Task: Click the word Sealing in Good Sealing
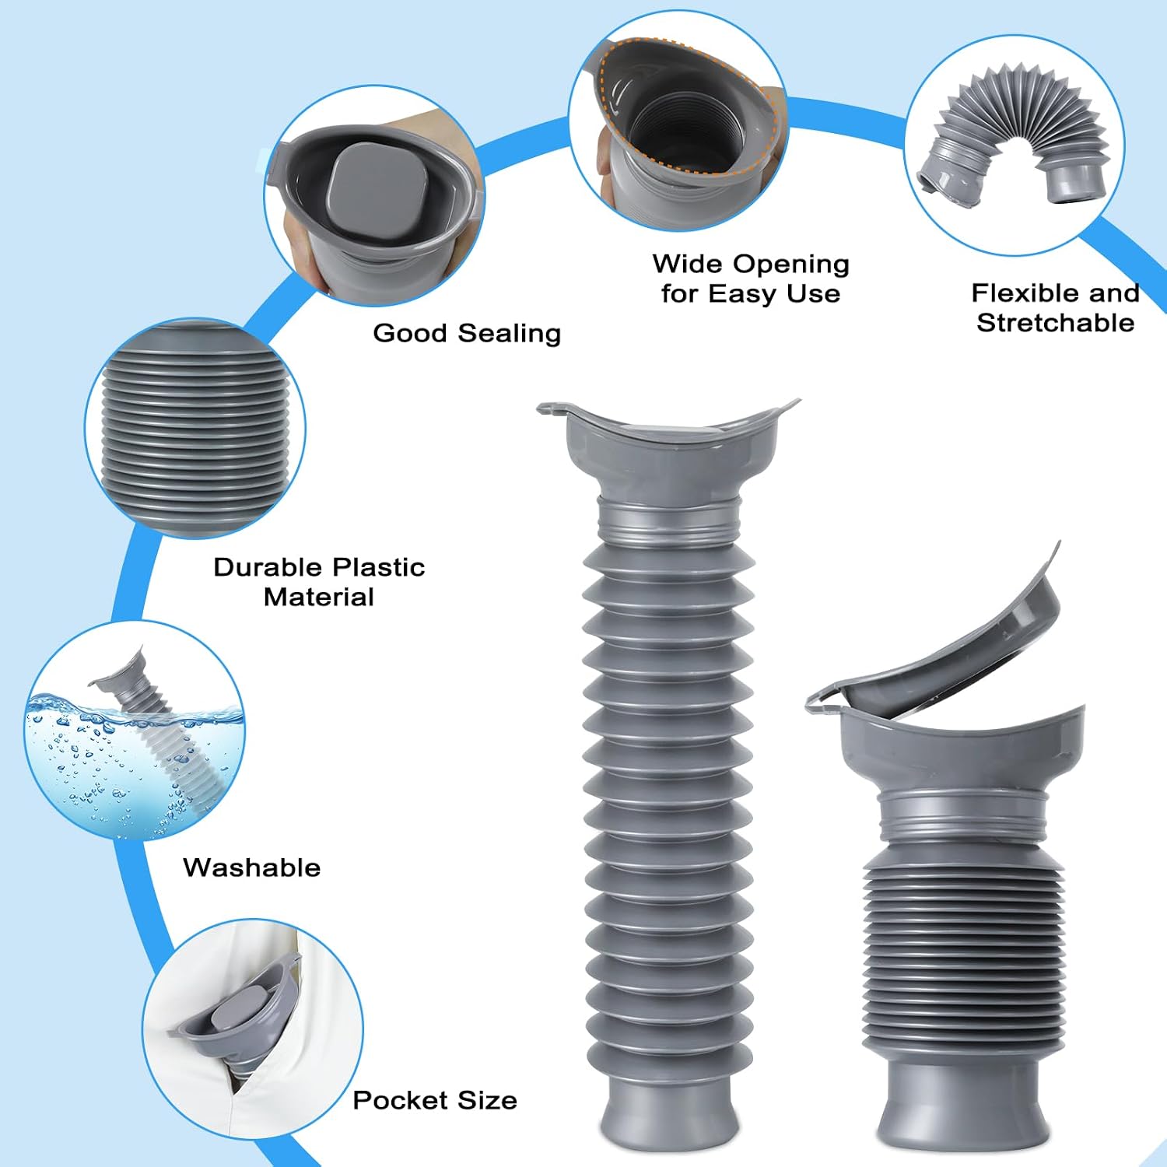pyautogui.click(x=510, y=334)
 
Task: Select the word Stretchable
pyautogui.click(x=1056, y=323)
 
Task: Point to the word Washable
pyautogui.click(x=252, y=867)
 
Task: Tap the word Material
pyautogui.click(x=319, y=597)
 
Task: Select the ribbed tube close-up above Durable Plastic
pyautogui.click(x=195, y=428)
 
